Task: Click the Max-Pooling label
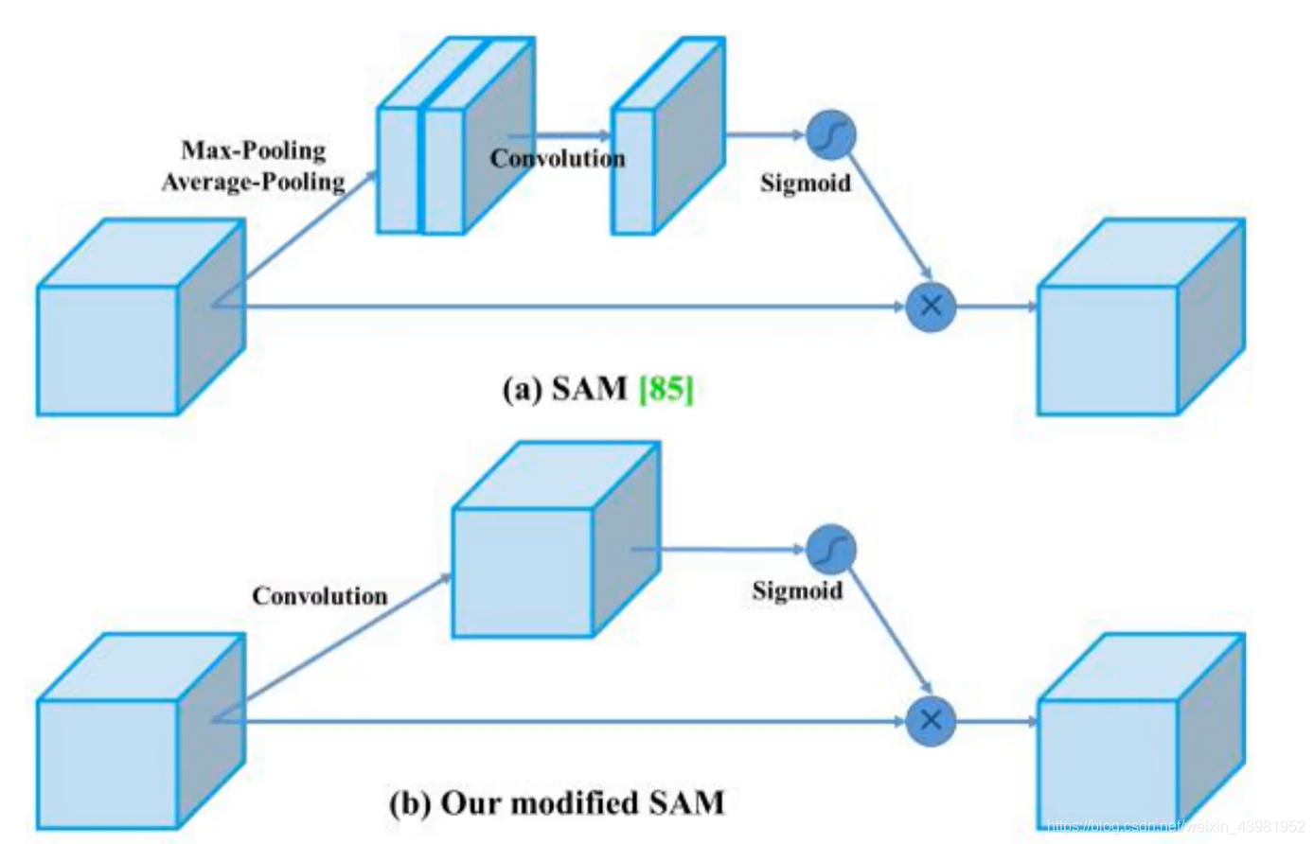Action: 254,150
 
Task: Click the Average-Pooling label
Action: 253,181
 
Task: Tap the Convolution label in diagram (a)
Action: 558,158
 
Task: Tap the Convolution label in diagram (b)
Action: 320,596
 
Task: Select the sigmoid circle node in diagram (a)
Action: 831,135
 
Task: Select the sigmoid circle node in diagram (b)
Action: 831,550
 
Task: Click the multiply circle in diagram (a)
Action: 931,307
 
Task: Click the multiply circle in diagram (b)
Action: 931,721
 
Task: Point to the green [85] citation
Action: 666,389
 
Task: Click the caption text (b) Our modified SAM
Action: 557,803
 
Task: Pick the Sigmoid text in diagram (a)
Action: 806,183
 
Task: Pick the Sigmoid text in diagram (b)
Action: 797,591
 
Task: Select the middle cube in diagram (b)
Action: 555,540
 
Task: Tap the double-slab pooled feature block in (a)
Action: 455,136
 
